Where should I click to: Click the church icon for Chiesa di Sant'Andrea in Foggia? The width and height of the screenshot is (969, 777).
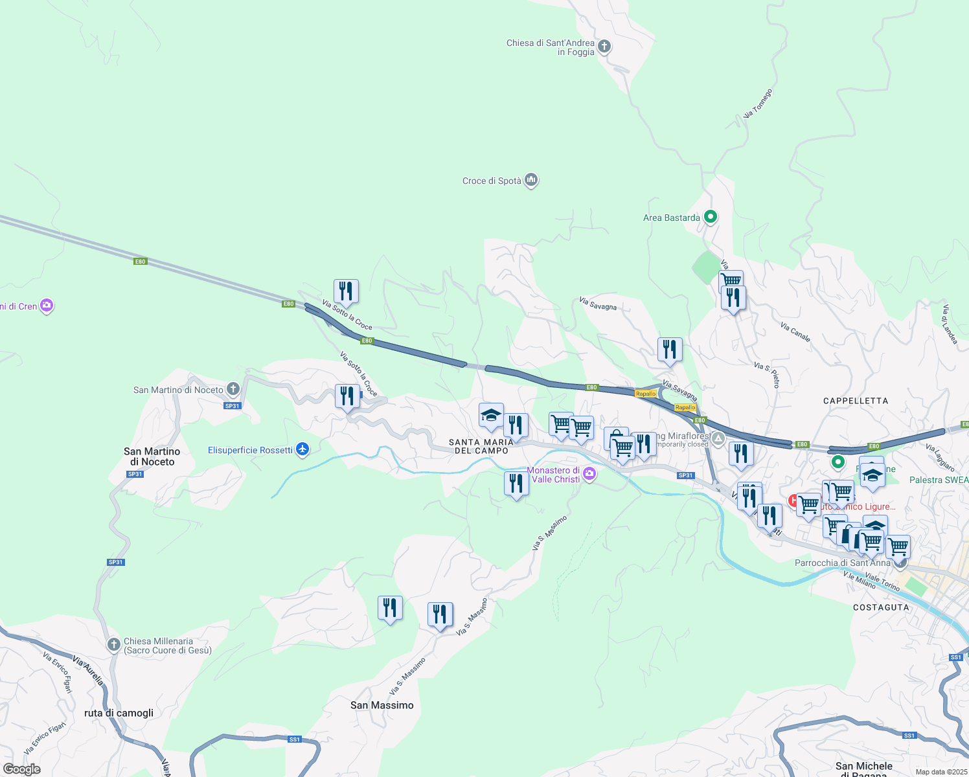click(x=604, y=46)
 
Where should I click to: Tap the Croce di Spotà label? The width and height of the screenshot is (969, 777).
click(x=492, y=181)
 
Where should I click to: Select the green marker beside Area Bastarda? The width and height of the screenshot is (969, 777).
click(x=711, y=217)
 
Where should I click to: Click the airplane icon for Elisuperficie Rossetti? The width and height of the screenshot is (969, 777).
click(x=302, y=449)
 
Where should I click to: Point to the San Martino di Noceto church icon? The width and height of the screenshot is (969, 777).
click(x=233, y=389)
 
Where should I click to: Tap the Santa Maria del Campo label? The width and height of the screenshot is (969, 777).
click(x=481, y=446)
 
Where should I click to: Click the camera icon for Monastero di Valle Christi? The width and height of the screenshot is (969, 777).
click(x=589, y=475)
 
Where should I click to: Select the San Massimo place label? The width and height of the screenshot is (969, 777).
click(x=382, y=705)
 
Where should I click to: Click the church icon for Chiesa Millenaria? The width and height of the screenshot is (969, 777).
click(x=113, y=644)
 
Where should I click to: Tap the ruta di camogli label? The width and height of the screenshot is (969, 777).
click(x=119, y=713)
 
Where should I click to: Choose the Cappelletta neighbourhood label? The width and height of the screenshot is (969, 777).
click(x=856, y=401)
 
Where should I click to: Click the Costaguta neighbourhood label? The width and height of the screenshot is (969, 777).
click(x=881, y=607)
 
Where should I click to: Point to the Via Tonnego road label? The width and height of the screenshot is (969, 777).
click(x=758, y=104)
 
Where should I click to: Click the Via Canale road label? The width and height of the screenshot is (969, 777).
click(x=795, y=332)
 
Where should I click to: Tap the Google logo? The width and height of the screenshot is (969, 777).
click(x=22, y=769)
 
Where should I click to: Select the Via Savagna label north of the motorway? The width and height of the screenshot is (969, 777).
click(x=598, y=304)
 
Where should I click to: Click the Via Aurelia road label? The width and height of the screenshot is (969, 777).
click(x=88, y=671)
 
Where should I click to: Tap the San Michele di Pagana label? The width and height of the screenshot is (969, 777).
click(x=864, y=769)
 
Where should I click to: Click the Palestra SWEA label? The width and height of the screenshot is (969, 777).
click(x=939, y=480)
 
